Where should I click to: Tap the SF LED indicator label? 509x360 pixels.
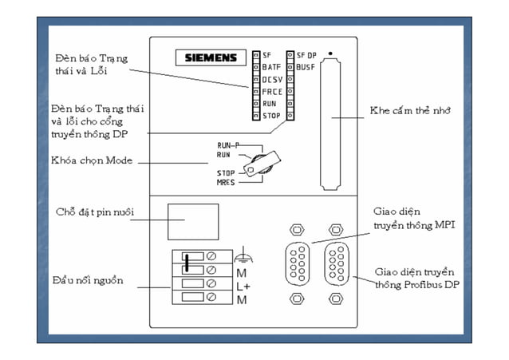pyautogui.click(x=266, y=55)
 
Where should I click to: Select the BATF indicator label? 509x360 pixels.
pyautogui.click(x=270, y=67)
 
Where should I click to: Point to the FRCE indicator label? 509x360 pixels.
pyautogui.click(x=270, y=92)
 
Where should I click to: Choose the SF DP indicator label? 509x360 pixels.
pyautogui.click(x=306, y=55)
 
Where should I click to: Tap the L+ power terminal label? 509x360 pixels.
pyautogui.click(x=242, y=285)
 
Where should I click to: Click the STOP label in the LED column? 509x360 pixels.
pyautogui.click(x=270, y=117)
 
